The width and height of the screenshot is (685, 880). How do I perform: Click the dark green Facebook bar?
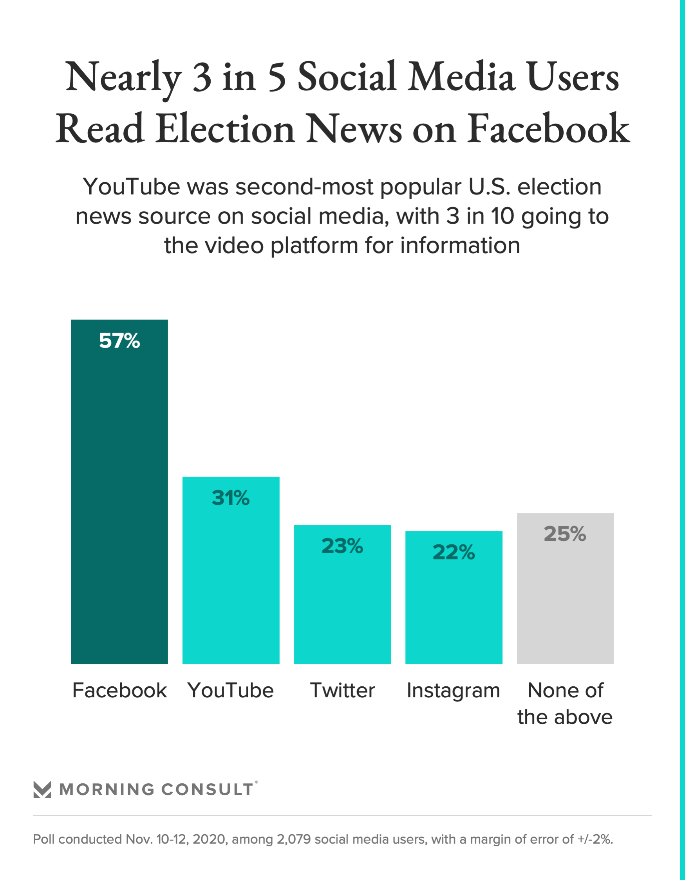click(119, 504)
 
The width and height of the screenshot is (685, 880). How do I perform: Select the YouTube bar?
click(231, 584)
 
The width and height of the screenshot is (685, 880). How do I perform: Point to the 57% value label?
click(119, 341)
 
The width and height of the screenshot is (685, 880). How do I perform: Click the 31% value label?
click(231, 498)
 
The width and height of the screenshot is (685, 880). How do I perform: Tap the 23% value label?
click(342, 546)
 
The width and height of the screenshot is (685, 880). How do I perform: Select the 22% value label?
click(454, 552)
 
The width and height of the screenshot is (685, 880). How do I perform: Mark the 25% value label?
click(565, 534)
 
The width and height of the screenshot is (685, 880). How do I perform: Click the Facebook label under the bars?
click(119, 690)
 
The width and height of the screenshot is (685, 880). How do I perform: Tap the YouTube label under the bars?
click(231, 690)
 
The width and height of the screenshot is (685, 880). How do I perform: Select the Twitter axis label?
click(342, 690)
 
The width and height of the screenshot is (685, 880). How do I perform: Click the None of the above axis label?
click(565, 704)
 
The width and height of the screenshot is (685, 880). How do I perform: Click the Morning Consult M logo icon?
click(42, 789)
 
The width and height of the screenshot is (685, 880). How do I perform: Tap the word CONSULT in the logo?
click(207, 790)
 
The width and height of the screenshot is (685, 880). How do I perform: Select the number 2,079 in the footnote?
click(293, 839)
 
